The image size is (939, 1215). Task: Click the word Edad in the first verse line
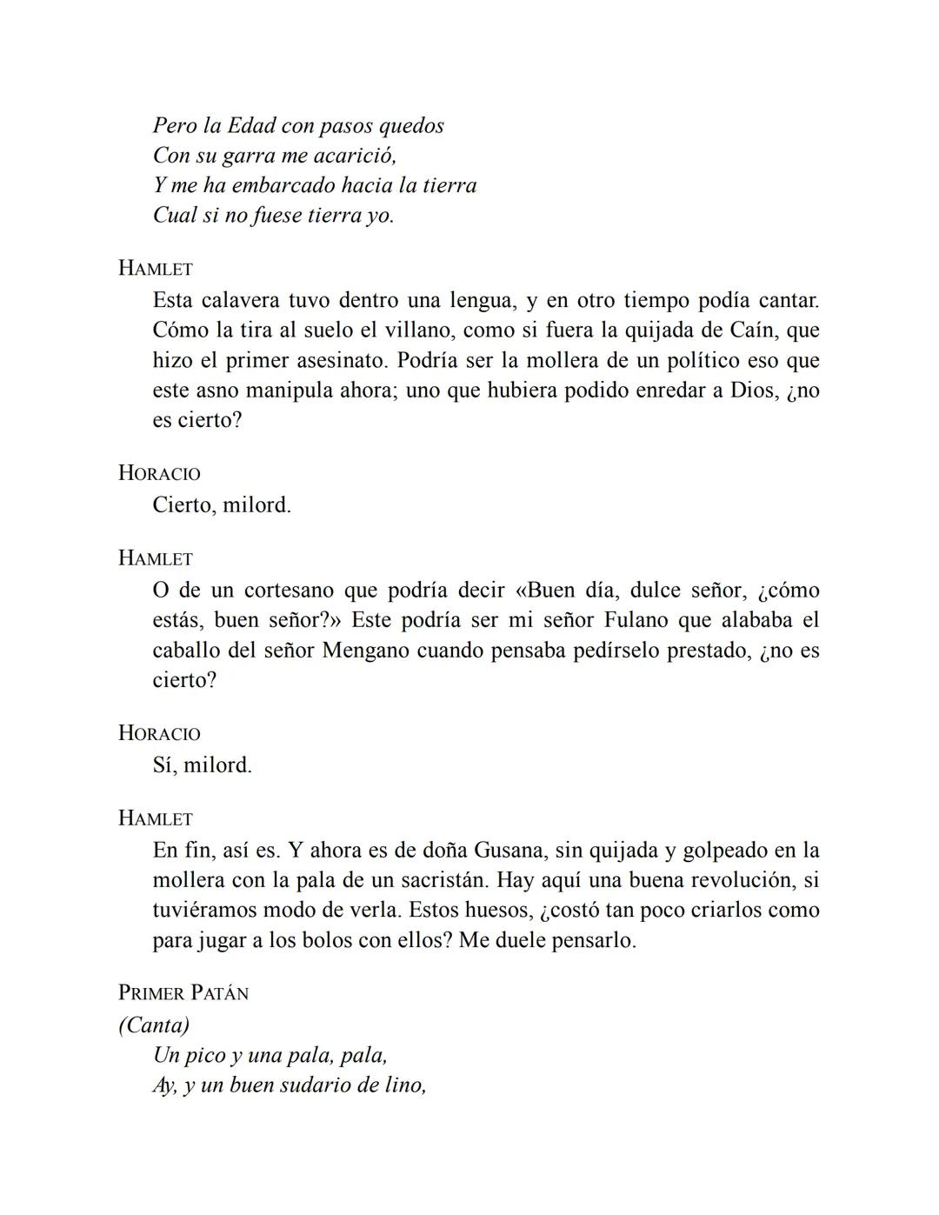250,125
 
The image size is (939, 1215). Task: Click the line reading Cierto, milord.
222,505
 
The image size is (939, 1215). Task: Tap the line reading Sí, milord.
202,765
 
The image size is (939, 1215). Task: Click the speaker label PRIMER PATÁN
183,993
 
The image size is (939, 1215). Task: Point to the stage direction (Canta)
154,1025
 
